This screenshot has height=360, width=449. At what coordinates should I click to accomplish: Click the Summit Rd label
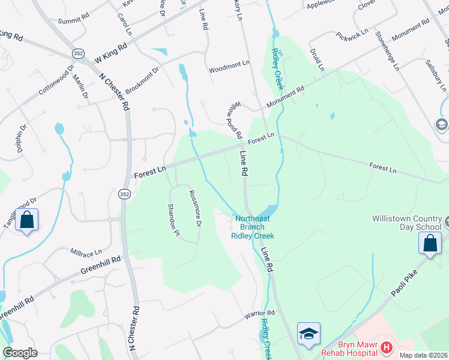[x=73, y=20]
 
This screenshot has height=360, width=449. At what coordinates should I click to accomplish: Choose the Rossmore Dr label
[x=194, y=208]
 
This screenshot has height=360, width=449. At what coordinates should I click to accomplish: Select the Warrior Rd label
[x=259, y=314]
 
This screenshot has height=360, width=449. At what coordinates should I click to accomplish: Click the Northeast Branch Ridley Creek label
[x=253, y=227]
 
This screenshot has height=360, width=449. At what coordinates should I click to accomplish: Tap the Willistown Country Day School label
[x=407, y=223]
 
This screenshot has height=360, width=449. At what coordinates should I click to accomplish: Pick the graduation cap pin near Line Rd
[x=309, y=334]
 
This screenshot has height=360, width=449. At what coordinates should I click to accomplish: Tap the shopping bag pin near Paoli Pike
[x=430, y=244]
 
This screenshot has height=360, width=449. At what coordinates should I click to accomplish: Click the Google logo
[x=20, y=353]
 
